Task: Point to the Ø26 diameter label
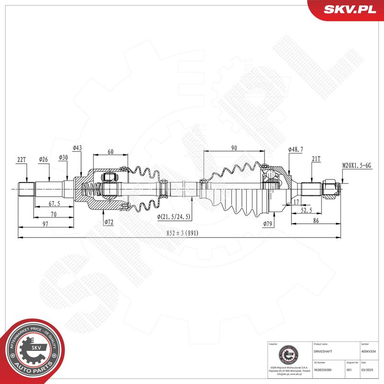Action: (x=43, y=159)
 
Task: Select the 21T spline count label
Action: (x=316, y=159)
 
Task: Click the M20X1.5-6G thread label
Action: (x=357, y=166)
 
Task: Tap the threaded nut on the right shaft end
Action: (x=331, y=188)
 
